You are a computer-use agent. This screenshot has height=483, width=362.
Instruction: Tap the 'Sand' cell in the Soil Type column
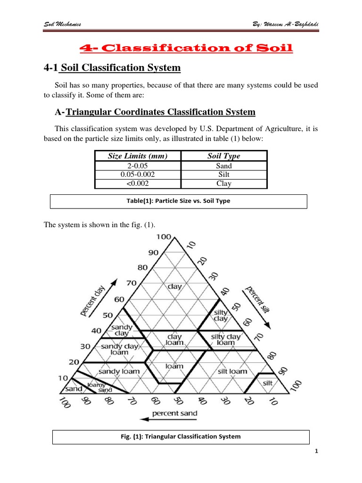(x=224, y=166)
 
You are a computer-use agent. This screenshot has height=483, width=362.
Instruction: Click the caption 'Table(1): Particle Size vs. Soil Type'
(x=179, y=201)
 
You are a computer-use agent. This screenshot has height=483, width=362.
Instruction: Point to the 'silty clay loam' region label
(x=225, y=340)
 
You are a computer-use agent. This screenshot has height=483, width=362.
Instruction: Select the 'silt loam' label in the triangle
(x=232, y=371)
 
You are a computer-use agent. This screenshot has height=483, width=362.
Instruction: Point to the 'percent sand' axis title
(x=174, y=414)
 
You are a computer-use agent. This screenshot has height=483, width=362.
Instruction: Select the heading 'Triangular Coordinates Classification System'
(x=161, y=112)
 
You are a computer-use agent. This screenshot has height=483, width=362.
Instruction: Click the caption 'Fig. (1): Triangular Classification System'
(x=181, y=436)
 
